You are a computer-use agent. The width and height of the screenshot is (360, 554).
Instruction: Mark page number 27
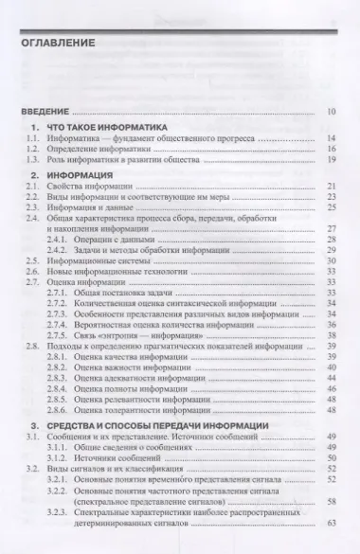(x=331, y=228)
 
